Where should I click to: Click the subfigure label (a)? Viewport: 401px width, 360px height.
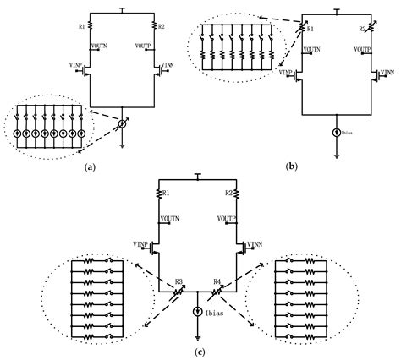point(91,167)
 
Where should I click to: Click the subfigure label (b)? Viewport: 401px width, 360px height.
point(292,167)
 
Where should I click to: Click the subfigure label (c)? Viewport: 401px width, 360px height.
point(196,351)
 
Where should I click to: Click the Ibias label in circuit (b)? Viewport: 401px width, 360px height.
point(349,134)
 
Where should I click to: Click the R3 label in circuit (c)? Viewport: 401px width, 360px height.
point(179,280)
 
